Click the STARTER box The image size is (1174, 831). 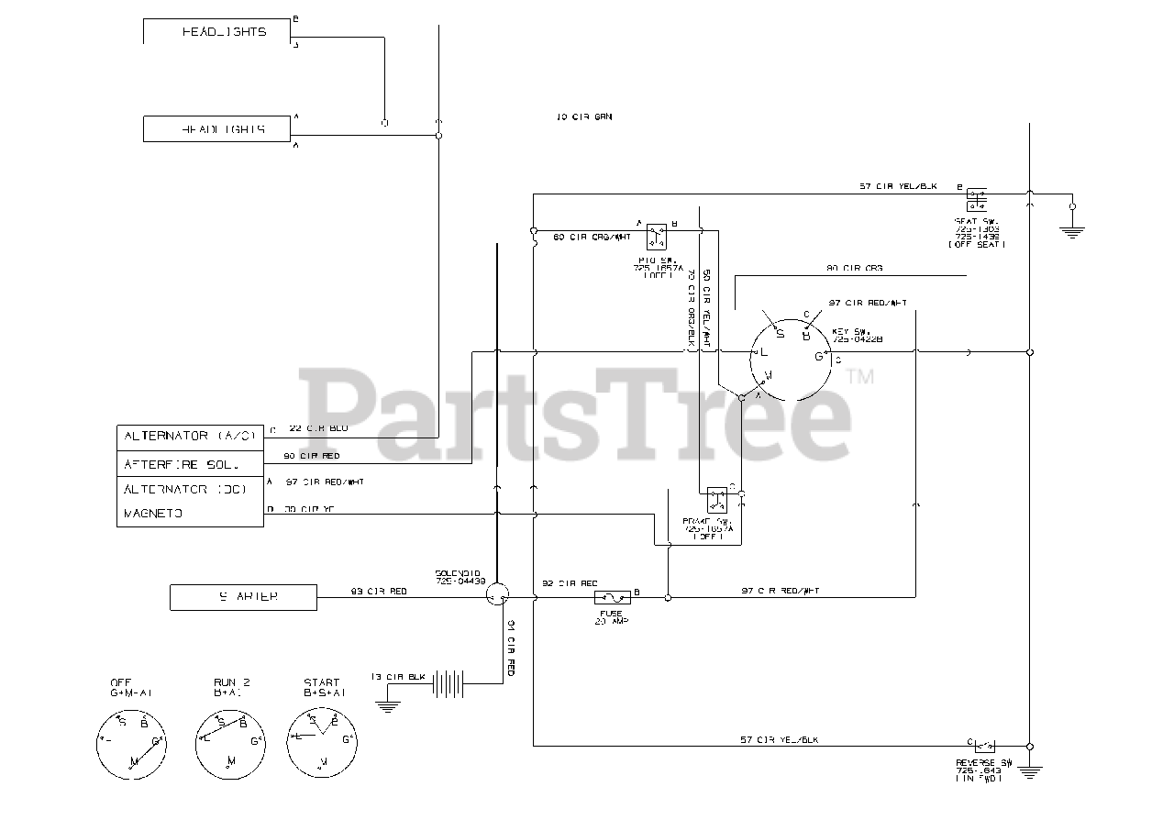pyautogui.click(x=243, y=597)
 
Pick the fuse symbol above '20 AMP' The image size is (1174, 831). pyautogui.click(x=611, y=597)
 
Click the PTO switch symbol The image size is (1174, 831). pyautogui.click(x=656, y=236)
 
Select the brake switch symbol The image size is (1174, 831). pyautogui.click(x=716, y=501)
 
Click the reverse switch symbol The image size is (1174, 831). pyautogui.click(x=986, y=746)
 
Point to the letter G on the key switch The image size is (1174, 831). pyautogui.click(x=819, y=357)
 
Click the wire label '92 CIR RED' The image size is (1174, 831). pyautogui.click(x=570, y=583)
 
